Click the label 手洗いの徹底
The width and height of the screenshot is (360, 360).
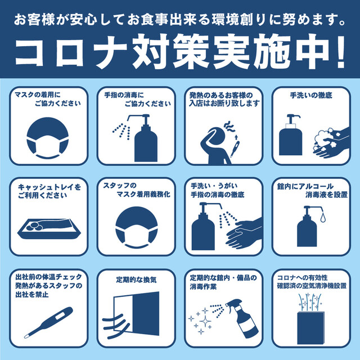click(x=311, y=95)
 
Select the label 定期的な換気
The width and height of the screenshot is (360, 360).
click(x=136, y=280)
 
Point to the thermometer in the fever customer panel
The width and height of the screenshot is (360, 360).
click(x=235, y=149)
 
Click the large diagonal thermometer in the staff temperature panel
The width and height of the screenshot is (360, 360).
click(x=49, y=322)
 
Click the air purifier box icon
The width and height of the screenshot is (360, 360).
click(x=310, y=327)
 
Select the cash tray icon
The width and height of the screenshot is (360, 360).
click(x=49, y=229)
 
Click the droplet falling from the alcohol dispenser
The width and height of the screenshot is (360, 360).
click(x=323, y=217)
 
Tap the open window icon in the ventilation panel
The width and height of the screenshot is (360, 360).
click(x=137, y=313)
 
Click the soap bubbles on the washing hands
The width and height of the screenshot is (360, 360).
click(x=323, y=139)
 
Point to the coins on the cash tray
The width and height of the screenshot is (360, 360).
click(x=34, y=227)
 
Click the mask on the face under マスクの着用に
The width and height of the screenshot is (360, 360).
click(x=47, y=147)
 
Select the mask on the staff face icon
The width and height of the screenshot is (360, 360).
click(x=136, y=236)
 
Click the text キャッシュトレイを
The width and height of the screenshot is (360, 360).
click(x=49, y=187)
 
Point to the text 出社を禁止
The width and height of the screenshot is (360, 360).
click(x=32, y=294)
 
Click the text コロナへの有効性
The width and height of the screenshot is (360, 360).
click(x=302, y=277)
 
